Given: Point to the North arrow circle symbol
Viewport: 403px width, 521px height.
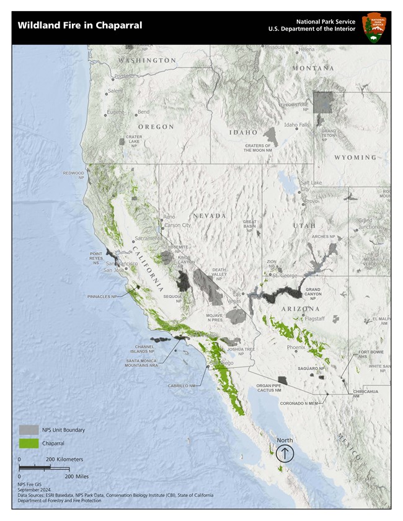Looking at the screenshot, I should click(285, 453).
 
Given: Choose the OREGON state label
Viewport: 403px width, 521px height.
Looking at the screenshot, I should click(156, 127).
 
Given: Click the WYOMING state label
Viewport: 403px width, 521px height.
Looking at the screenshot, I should click(355, 158).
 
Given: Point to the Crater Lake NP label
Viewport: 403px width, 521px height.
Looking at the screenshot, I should click(134, 141).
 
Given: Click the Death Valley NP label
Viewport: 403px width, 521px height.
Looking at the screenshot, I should click(219, 274).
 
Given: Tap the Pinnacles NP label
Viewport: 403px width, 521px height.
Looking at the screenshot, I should click(102, 297).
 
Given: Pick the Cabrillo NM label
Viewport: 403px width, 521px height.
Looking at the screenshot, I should click(182, 385).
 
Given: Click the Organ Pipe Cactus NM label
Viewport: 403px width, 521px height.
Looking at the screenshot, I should click(268, 388).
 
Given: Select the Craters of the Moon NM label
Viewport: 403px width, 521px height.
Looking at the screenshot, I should click(257, 147).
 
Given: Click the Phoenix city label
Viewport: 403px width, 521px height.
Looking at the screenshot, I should click(296, 348).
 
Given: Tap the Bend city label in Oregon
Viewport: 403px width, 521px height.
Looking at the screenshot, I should click(143, 113).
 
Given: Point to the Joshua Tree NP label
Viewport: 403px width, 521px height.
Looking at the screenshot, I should click(241, 351).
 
